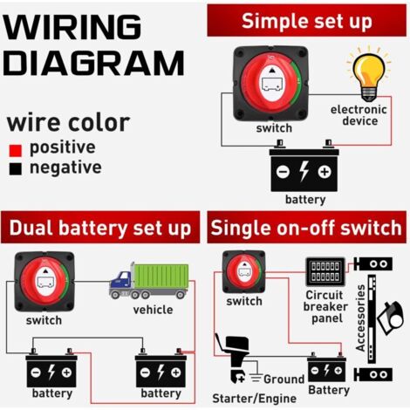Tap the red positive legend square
point(16,151)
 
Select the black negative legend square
point(16,169)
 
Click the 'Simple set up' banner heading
point(306,21)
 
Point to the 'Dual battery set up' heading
point(100,228)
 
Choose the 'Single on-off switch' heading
point(306,228)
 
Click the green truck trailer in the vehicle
point(161,276)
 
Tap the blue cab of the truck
point(120,279)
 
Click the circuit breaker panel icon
point(325,271)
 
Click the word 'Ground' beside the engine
point(284,379)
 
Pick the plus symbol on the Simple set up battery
point(325,172)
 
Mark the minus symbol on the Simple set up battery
point(283,172)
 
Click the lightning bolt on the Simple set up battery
point(304,171)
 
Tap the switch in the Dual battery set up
point(44,281)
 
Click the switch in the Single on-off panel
point(244,272)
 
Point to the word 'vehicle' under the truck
point(153,310)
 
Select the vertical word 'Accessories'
point(360,318)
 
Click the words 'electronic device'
point(359,115)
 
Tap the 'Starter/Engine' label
point(255,399)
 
